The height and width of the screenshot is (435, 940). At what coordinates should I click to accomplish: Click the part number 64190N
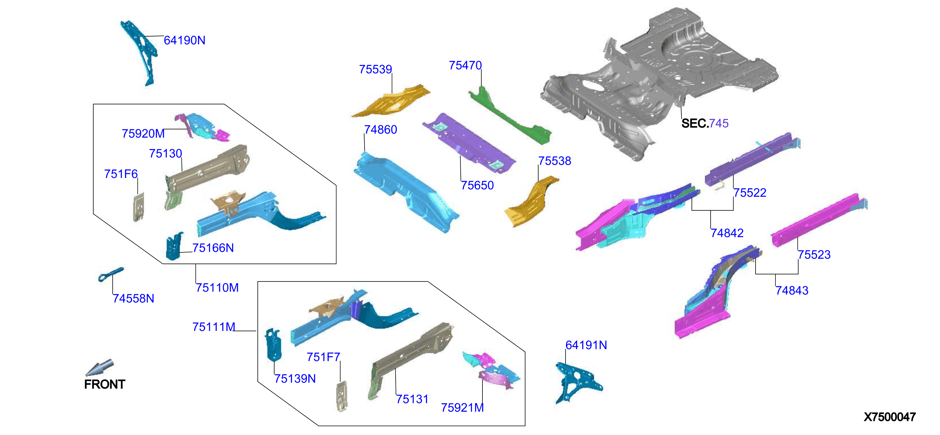(184, 40)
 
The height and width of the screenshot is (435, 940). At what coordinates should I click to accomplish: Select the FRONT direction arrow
(100, 367)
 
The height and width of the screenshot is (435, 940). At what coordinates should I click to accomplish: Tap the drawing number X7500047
(890, 417)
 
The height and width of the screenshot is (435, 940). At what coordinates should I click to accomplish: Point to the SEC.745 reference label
(705, 123)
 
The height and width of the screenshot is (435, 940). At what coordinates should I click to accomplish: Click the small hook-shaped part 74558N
(111, 274)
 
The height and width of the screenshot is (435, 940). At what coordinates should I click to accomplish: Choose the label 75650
(477, 185)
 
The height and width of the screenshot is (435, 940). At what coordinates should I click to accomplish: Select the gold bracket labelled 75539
(390, 101)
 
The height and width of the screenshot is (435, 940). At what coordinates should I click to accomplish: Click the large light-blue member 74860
(406, 192)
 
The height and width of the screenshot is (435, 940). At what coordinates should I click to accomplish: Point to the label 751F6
(121, 174)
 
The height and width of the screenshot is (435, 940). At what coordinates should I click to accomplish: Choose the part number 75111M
(214, 327)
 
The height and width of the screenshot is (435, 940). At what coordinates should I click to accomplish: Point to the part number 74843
(792, 290)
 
